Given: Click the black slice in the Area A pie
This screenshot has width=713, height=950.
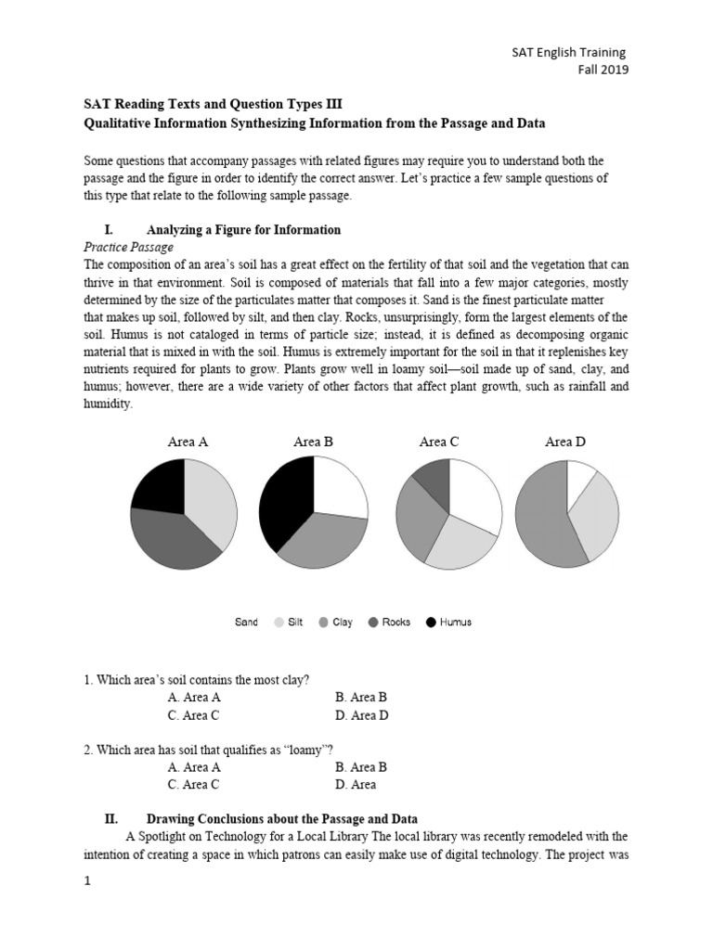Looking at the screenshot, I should coord(161,486).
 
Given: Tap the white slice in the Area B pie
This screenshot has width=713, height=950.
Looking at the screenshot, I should coord(339,487).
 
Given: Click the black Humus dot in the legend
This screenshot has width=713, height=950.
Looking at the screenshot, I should coord(431,623).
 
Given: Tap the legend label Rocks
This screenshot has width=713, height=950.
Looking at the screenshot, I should coord(396,623).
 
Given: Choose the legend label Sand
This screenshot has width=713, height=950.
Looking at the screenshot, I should coord(246,623).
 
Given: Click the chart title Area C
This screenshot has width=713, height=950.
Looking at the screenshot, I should coord(439,442).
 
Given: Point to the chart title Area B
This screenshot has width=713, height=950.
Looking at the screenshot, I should coord(313,442).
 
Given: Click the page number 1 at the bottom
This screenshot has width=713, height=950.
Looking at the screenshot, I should coord(87,882).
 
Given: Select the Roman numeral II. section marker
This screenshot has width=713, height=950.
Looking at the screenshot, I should coord(111,819).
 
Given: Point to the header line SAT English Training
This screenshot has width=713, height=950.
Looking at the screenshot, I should coord(571,53).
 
